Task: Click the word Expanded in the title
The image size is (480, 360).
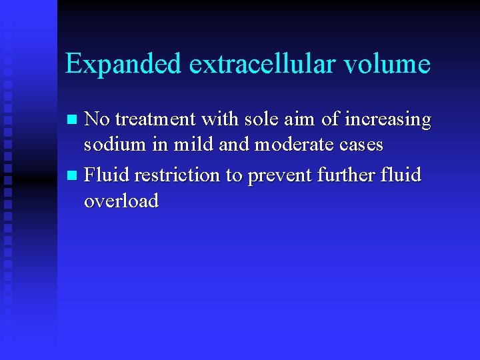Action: point(123,65)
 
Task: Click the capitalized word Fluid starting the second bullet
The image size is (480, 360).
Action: point(107,175)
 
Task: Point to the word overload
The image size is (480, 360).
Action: point(121,200)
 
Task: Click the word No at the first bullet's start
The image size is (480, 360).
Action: point(97,120)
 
